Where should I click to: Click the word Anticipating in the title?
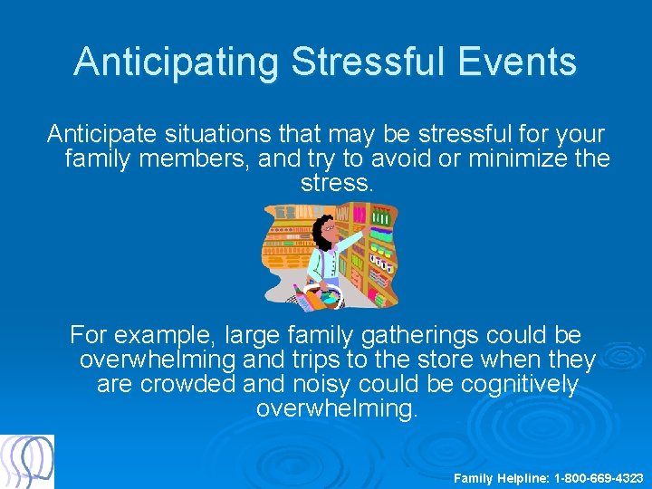tap(176, 62)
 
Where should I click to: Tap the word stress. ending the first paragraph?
tap(335, 185)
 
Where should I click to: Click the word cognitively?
tap(519, 385)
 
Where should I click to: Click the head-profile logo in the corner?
tap(27, 462)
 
